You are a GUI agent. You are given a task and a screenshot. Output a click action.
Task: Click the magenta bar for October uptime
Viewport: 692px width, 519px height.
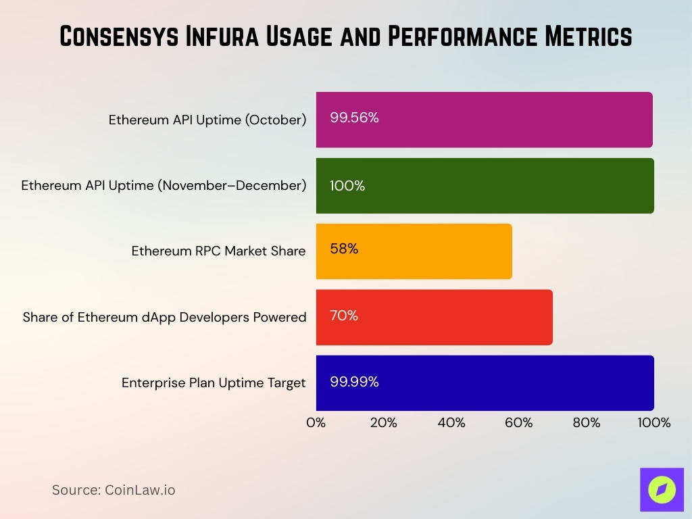click(x=484, y=120)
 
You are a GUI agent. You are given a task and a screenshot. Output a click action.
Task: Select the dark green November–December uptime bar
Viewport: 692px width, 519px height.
click(x=484, y=186)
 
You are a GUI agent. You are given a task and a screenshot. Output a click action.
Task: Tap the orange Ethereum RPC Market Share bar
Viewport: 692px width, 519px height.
click(x=414, y=251)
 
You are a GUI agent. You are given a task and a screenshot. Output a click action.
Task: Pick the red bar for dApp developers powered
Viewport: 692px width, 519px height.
click(x=434, y=317)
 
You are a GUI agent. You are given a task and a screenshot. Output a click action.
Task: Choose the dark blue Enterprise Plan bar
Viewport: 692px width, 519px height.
click(x=484, y=382)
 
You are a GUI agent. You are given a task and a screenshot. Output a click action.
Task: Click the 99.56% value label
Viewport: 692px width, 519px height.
click(x=354, y=118)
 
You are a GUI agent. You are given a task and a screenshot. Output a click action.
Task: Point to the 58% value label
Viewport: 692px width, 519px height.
click(x=344, y=249)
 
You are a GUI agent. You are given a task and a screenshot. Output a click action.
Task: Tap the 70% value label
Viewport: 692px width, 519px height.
click(x=344, y=316)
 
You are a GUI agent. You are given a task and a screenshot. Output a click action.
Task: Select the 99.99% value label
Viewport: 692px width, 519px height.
click(x=354, y=382)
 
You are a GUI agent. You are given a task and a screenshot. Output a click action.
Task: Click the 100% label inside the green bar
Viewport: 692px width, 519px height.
click(x=347, y=186)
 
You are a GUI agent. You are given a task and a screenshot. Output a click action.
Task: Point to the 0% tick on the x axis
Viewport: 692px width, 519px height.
click(x=316, y=423)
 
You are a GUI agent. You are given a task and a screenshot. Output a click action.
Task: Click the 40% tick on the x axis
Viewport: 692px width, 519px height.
click(x=451, y=423)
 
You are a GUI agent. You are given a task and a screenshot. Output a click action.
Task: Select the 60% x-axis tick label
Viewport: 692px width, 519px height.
click(x=519, y=423)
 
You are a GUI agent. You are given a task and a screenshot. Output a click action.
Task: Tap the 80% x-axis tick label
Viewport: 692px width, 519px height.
click(x=587, y=423)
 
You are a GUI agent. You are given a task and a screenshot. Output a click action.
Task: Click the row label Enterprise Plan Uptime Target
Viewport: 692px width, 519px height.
click(x=214, y=383)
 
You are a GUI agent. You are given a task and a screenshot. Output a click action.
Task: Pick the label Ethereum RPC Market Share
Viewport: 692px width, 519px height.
click(x=218, y=251)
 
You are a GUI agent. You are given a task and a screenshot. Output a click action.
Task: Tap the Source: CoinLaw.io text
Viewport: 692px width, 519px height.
click(x=114, y=490)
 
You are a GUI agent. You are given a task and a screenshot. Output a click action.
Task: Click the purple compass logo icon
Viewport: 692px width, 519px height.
click(x=662, y=489)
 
